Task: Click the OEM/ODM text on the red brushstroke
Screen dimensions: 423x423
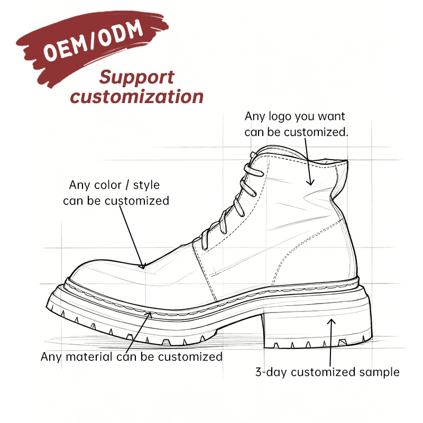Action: (93, 40)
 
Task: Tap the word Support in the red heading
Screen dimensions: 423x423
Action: (137, 78)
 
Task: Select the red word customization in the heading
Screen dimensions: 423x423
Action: (137, 97)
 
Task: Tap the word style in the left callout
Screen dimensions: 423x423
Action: (146, 186)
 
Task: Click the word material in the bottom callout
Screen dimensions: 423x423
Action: (89, 357)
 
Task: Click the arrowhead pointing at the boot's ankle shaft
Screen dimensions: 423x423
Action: (311, 182)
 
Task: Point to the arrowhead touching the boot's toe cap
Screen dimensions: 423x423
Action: (143, 266)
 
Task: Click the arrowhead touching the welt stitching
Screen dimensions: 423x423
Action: (149, 315)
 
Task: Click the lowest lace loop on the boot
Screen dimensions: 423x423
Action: (205, 239)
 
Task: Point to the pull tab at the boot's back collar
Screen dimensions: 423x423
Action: (341, 176)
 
